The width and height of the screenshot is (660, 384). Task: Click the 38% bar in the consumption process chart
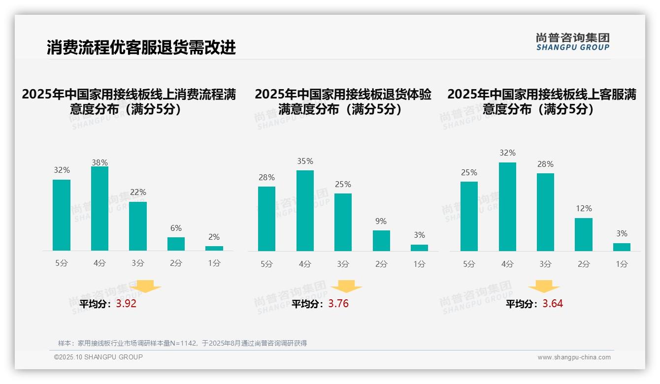[x=99, y=209]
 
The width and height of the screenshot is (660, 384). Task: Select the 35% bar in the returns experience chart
[x=305, y=211]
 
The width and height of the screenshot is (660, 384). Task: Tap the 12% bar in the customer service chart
[x=584, y=234]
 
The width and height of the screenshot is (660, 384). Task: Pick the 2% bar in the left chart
[x=214, y=248]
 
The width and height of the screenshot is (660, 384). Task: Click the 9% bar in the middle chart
[x=381, y=241]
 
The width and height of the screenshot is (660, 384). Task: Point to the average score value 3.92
[x=126, y=304]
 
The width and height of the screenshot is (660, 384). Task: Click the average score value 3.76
[x=338, y=304]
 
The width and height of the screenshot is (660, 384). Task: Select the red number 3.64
[x=553, y=304]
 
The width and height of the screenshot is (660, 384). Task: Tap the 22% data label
[x=138, y=192]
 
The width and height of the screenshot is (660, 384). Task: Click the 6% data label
[x=176, y=228]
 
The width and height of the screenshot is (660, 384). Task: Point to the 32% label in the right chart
[x=507, y=153]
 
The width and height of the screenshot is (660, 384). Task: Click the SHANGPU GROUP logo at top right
[x=573, y=42]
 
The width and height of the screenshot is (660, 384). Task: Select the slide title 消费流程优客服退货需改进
[x=141, y=47]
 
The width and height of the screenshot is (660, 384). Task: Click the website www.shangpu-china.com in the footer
[x=574, y=357]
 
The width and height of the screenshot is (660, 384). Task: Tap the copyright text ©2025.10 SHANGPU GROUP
[x=99, y=357]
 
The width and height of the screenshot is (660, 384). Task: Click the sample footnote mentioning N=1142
[x=182, y=343]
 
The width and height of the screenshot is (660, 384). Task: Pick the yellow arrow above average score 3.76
[x=346, y=287]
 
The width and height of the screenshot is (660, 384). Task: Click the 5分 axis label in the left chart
[x=62, y=263]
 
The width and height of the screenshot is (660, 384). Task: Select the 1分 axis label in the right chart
[x=622, y=264]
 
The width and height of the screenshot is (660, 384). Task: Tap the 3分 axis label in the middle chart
[x=343, y=264]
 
